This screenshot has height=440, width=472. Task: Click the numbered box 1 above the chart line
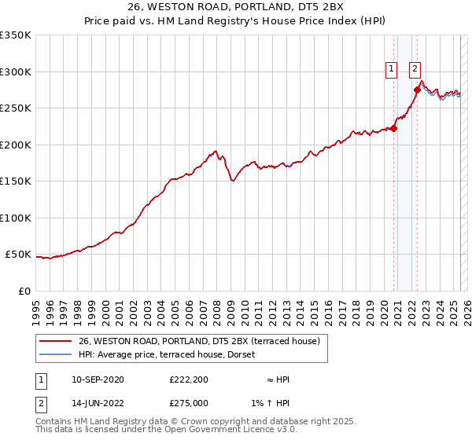click(x=391, y=69)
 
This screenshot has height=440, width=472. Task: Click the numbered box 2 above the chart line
click(x=415, y=69)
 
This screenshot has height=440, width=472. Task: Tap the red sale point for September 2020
click(x=393, y=129)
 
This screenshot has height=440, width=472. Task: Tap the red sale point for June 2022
click(x=417, y=90)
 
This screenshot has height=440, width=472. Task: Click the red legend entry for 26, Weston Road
click(x=198, y=341)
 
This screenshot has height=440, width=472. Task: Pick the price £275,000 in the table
click(x=188, y=402)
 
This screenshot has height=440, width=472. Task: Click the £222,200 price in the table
click(x=188, y=379)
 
